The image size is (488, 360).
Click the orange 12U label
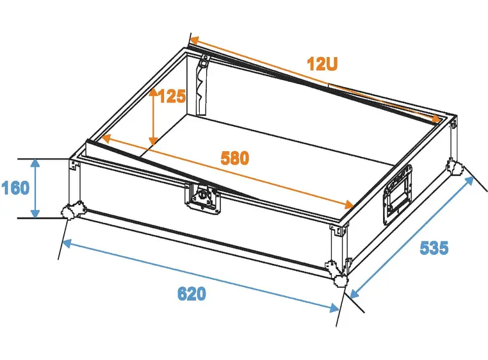(322, 64)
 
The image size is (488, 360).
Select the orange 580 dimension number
(235, 158)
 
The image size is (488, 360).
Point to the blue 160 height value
(15, 188)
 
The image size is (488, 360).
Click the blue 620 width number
(191, 293)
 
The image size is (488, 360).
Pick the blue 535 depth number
(434, 248)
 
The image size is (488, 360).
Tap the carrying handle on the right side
(398, 193)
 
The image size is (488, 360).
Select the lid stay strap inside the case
(202, 85)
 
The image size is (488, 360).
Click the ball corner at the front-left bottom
(69, 212)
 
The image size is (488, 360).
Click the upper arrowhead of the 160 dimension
(35, 163)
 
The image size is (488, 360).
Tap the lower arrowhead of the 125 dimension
(153, 141)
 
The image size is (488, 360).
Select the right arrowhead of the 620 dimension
(334, 308)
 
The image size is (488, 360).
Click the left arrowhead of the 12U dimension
(195, 40)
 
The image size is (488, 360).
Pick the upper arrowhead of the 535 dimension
(469, 181)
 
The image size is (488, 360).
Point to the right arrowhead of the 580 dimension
(349, 204)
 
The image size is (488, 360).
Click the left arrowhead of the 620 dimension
(68, 243)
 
